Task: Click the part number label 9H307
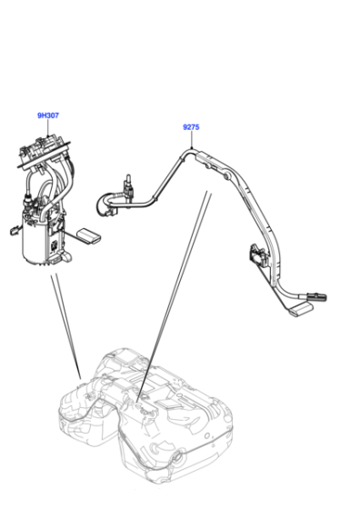coord(48,115)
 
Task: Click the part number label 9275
coord(191,127)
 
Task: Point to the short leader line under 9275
coord(192,140)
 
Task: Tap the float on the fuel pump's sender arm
coord(88,235)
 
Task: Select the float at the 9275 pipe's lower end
coord(300,308)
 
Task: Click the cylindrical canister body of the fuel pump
coord(36,237)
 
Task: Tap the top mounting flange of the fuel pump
coord(44,156)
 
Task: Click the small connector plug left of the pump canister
coord(14,231)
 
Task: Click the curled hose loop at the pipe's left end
coord(105,205)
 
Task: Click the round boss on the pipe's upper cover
coord(227,175)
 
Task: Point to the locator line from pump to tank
coord(65,326)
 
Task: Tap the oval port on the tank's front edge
coord(177,457)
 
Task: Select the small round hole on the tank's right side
coord(206,435)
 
